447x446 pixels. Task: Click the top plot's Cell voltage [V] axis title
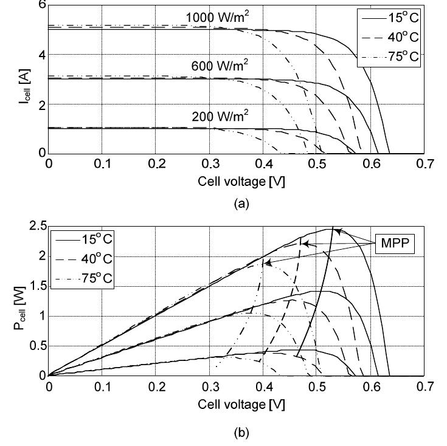point(239,181)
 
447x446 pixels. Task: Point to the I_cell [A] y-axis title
point(21,80)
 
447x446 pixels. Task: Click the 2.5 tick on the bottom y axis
point(38,227)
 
